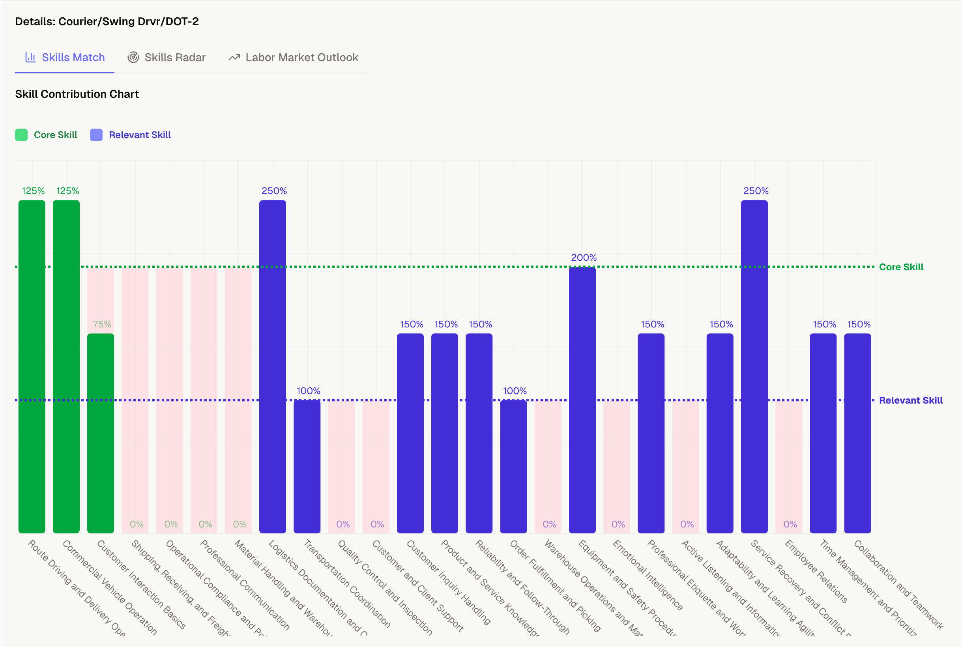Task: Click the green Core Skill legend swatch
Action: point(21,135)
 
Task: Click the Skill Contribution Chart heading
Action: point(77,94)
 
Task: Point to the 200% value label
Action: point(584,258)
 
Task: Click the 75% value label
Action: point(101,324)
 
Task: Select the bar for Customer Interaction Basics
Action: point(101,433)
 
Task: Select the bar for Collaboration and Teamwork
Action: point(857,433)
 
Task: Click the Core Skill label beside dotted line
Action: point(901,267)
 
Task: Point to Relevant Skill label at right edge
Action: point(910,400)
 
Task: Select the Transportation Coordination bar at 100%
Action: point(307,466)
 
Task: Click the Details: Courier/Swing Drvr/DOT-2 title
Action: point(107,21)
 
